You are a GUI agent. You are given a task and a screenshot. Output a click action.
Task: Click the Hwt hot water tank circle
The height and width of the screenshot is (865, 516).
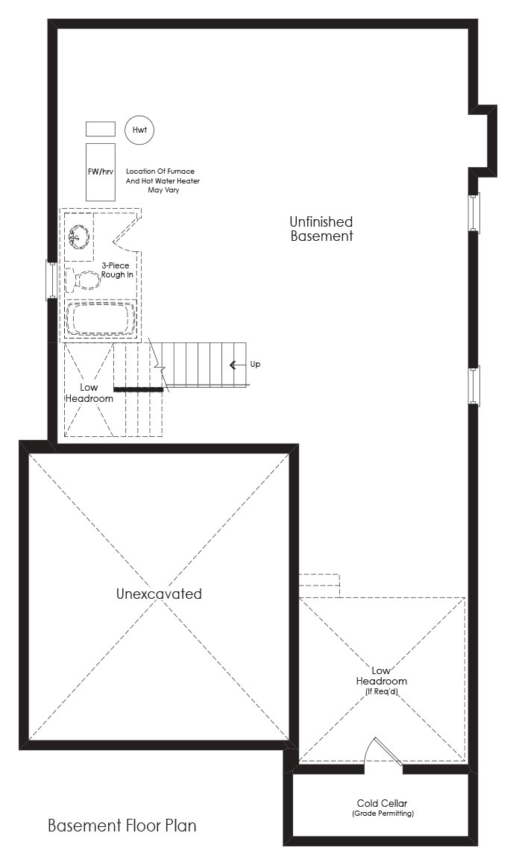[x=139, y=130]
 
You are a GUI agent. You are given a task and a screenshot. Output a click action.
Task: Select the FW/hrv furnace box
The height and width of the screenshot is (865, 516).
[x=101, y=172]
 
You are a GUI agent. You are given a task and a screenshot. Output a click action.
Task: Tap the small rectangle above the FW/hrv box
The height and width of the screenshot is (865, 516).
[x=101, y=129]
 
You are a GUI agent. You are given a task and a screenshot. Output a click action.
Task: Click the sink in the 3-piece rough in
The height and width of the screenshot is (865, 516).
[x=79, y=236]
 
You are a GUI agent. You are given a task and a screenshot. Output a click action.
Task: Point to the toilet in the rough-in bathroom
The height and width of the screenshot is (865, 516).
[x=83, y=279]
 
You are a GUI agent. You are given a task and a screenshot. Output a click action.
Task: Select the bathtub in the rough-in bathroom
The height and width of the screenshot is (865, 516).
[x=101, y=318]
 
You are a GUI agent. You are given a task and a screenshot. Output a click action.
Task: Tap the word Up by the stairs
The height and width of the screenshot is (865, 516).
[x=255, y=365]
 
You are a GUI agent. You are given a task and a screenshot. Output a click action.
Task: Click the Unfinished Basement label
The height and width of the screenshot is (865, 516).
[x=321, y=229]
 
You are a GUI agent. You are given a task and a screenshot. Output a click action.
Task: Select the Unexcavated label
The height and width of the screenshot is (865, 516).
[x=159, y=594]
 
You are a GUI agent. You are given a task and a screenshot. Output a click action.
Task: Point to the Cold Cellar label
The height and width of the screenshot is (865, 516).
[x=382, y=803]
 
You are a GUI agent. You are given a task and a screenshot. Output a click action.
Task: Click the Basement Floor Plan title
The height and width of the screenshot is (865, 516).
[x=122, y=825]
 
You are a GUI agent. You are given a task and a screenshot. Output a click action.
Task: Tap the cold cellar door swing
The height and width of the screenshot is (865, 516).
[x=383, y=752]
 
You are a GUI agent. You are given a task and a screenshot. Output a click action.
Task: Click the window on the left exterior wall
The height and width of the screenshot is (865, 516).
[x=51, y=280]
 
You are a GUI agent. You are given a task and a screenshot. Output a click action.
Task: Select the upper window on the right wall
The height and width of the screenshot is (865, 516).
[x=474, y=213]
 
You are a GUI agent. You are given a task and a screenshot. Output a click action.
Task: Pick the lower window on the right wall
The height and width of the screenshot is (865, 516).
[x=474, y=386]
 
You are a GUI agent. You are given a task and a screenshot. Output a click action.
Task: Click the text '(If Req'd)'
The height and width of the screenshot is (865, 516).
[x=381, y=691]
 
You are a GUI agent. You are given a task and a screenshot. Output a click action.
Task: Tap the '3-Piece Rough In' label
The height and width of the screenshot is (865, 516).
[x=117, y=270]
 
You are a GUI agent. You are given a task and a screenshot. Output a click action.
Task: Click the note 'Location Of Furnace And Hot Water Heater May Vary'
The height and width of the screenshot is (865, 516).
[x=163, y=180]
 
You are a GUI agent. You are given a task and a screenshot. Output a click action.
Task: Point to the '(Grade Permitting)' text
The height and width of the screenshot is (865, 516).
[x=383, y=813]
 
